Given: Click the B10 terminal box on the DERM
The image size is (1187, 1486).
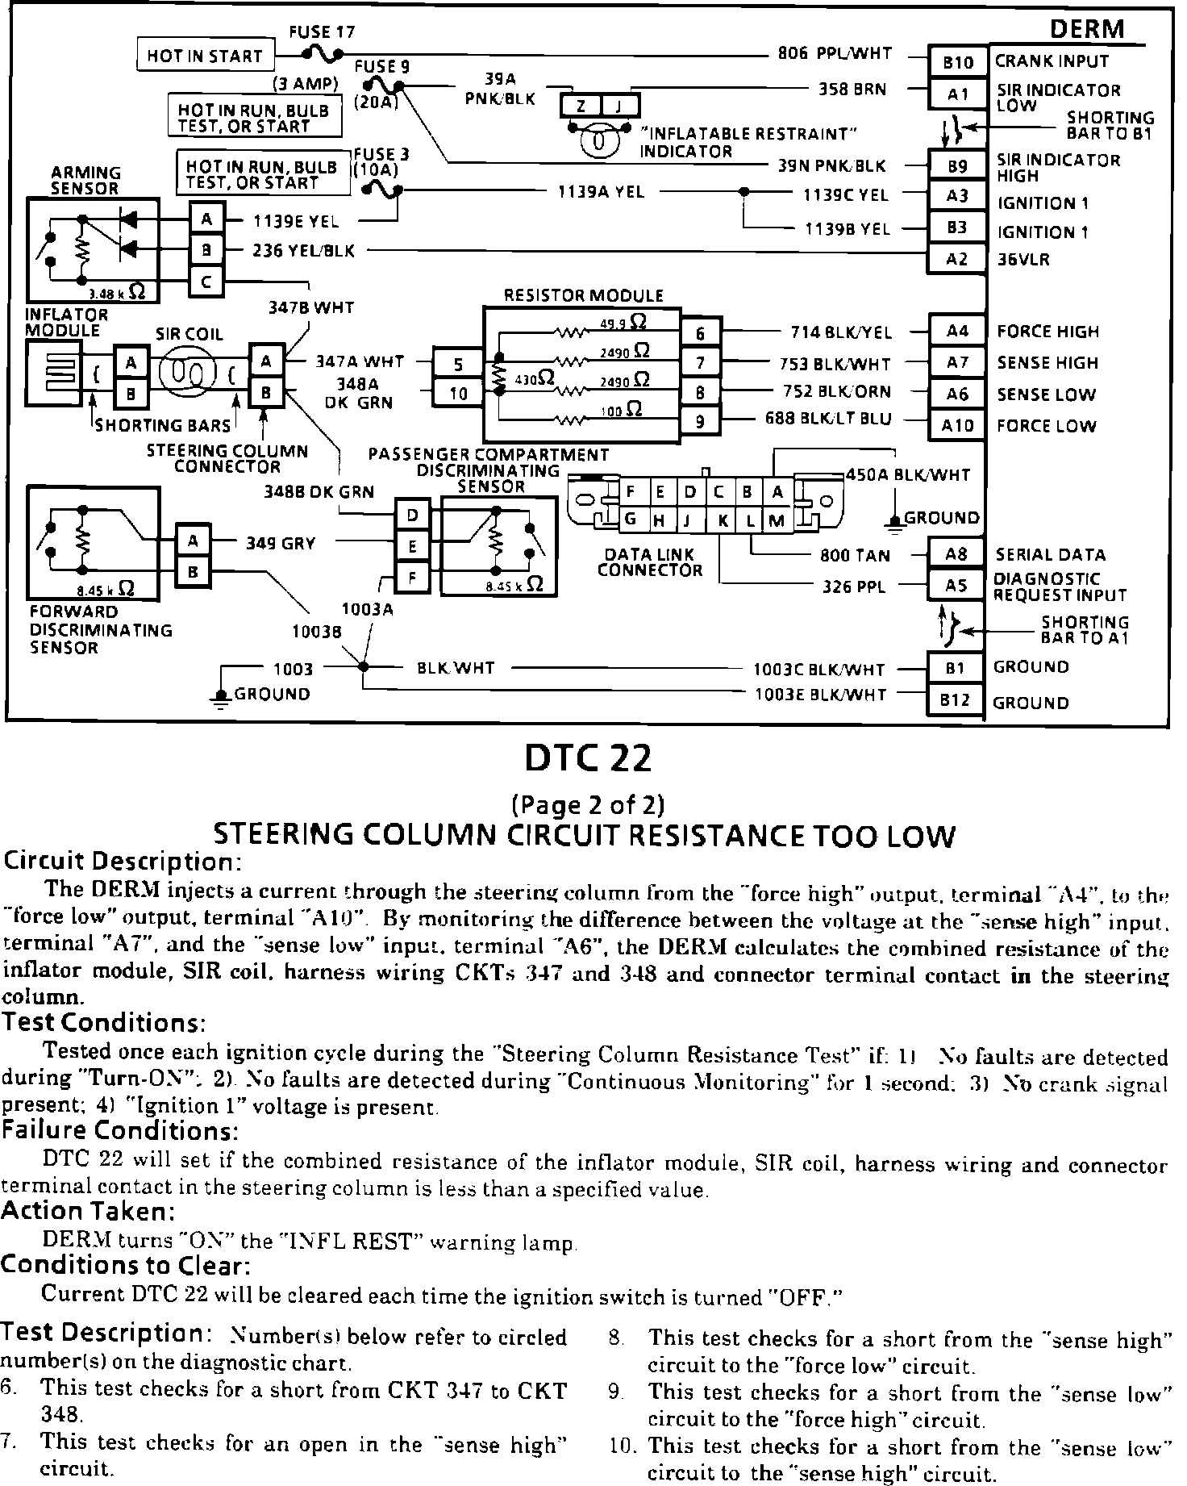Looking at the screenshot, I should tap(958, 62).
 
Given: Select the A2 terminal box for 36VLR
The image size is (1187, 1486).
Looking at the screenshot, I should tap(956, 260).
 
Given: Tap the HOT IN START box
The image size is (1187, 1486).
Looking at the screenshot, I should tap(205, 56).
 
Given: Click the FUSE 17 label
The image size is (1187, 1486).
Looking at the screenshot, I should tap(322, 32).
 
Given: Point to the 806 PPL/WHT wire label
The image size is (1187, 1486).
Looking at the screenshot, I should tap(835, 54).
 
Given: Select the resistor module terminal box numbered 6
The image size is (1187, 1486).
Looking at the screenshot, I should tap(701, 332).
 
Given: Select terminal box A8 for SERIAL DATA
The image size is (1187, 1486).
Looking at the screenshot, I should tap(956, 555).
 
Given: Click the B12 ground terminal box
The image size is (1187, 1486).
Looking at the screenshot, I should tap(955, 700).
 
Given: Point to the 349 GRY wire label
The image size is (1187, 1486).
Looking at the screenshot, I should tap(280, 544).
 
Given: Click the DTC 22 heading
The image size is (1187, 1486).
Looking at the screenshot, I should tap(587, 758).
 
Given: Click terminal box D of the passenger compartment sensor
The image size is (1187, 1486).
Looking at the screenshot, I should tap(413, 515).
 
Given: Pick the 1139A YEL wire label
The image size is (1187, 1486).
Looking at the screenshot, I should tap(601, 193).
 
